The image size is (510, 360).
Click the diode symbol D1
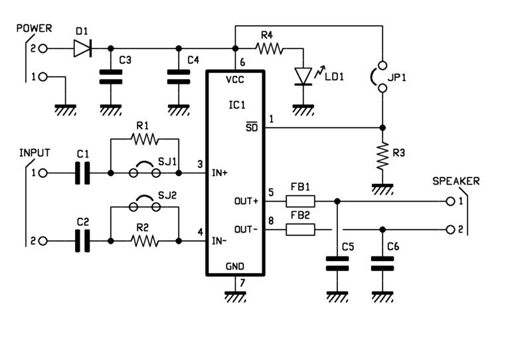click(82, 48)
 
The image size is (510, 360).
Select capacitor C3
click(110, 76)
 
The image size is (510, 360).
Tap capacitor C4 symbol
click(177, 76)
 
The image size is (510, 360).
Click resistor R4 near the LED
click(269, 48)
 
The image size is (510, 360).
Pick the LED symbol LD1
click(303, 76)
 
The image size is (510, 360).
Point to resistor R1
click(144, 139)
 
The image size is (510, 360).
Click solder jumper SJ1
click(144, 173)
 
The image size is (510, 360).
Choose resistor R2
click(144, 240)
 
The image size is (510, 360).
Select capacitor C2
click(82, 240)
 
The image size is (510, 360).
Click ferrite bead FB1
click(301, 201)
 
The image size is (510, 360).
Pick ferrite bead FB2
click(301, 229)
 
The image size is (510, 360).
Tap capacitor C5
click(337, 264)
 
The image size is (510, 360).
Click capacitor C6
click(382, 264)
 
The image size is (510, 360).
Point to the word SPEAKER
click(456, 181)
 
